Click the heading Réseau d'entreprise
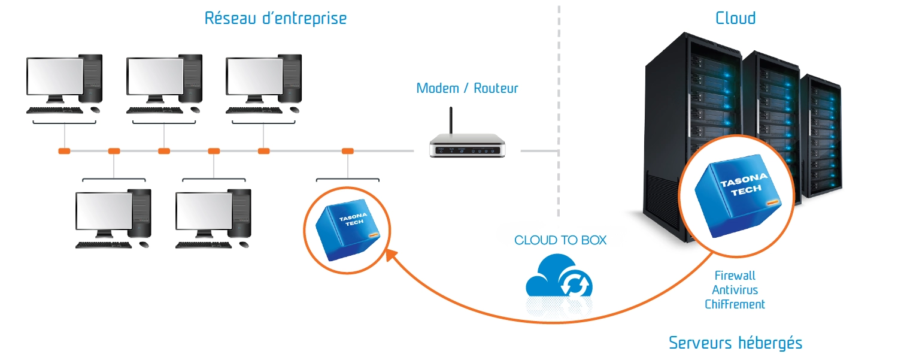(x=275, y=18)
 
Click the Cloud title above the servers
(x=735, y=18)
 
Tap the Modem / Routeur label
(x=467, y=89)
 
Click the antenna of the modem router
(x=452, y=123)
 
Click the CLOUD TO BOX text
(x=560, y=240)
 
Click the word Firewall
(x=735, y=276)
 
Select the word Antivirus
(x=735, y=290)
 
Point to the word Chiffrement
(x=735, y=304)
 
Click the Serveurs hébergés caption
(x=735, y=343)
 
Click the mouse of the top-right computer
(x=294, y=110)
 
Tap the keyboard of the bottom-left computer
(x=104, y=245)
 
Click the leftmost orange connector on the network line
(x=64, y=151)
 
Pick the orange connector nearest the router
(x=347, y=151)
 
